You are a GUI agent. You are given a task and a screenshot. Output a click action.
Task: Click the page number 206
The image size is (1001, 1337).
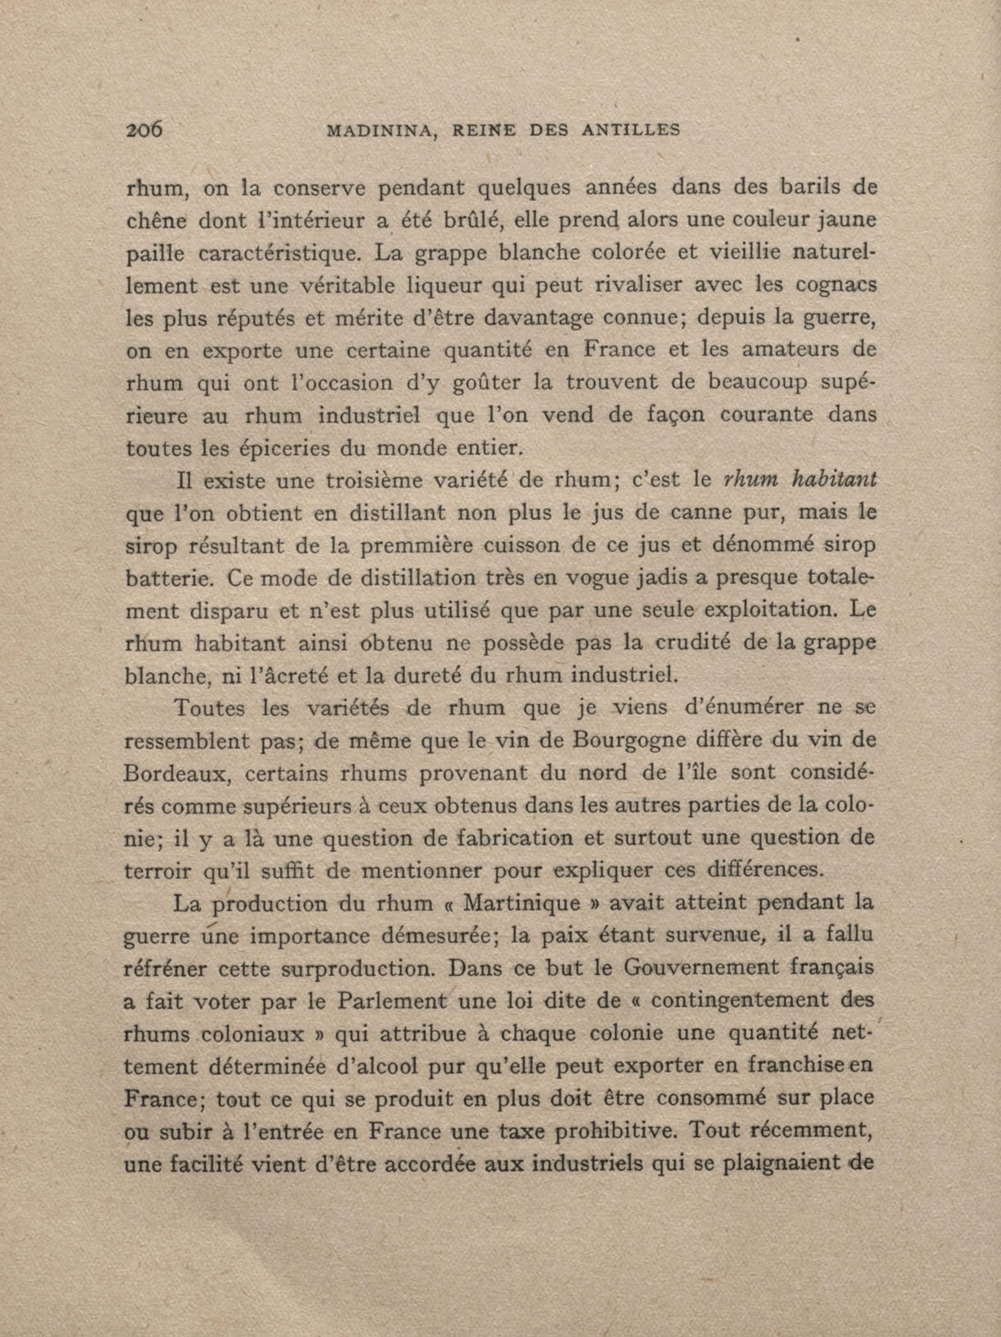(x=144, y=129)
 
